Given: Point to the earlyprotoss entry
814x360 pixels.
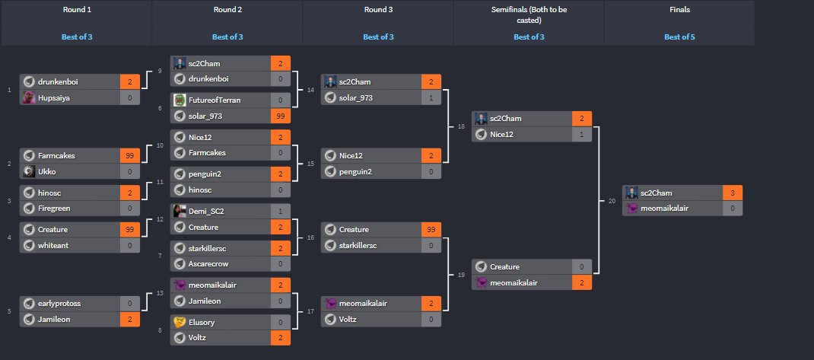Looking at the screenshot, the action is [59, 302].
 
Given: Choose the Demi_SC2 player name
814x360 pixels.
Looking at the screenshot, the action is [207, 210].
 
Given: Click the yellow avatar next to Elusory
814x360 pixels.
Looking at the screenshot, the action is [180, 322].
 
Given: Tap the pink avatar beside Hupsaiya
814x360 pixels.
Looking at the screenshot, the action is [28, 97].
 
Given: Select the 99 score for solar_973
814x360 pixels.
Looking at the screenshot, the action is [280, 116].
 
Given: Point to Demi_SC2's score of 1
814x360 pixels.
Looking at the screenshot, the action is [280, 210].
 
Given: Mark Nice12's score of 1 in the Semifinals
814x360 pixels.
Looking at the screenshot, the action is [582, 135].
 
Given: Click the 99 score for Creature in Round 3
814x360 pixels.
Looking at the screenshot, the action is [431, 229].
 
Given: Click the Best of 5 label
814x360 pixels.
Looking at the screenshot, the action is [679, 37].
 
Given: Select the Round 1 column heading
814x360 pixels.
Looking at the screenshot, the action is [76, 10].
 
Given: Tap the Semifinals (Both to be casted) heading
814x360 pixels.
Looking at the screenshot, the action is [529, 14].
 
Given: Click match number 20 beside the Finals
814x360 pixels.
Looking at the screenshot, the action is [612, 201].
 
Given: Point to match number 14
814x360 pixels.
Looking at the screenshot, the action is [310, 90].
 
